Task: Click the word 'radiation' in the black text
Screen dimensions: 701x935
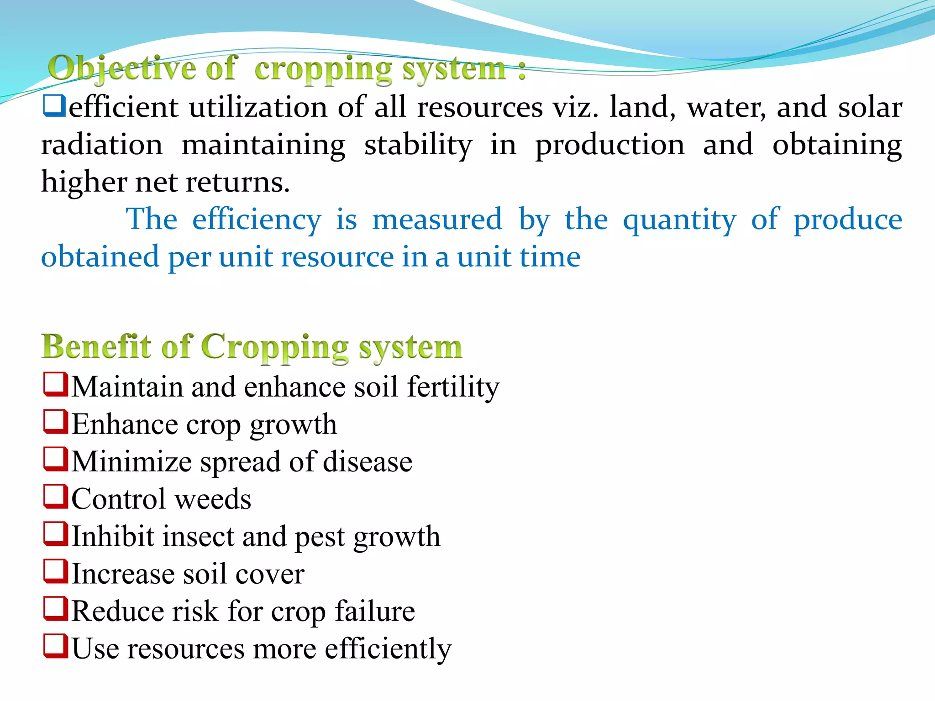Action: (x=101, y=145)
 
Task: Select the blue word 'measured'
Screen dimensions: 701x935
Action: (x=437, y=220)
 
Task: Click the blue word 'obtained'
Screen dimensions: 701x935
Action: (x=100, y=257)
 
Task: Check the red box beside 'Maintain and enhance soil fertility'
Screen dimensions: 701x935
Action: (x=56, y=384)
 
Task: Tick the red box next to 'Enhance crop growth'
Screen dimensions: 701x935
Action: (x=56, y=422)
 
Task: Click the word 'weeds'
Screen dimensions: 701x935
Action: (x=213, y=499)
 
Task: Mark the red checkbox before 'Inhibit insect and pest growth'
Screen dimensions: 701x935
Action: (x=56, y=534)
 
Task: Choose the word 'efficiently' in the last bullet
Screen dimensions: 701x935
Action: (x=388, y=649)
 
